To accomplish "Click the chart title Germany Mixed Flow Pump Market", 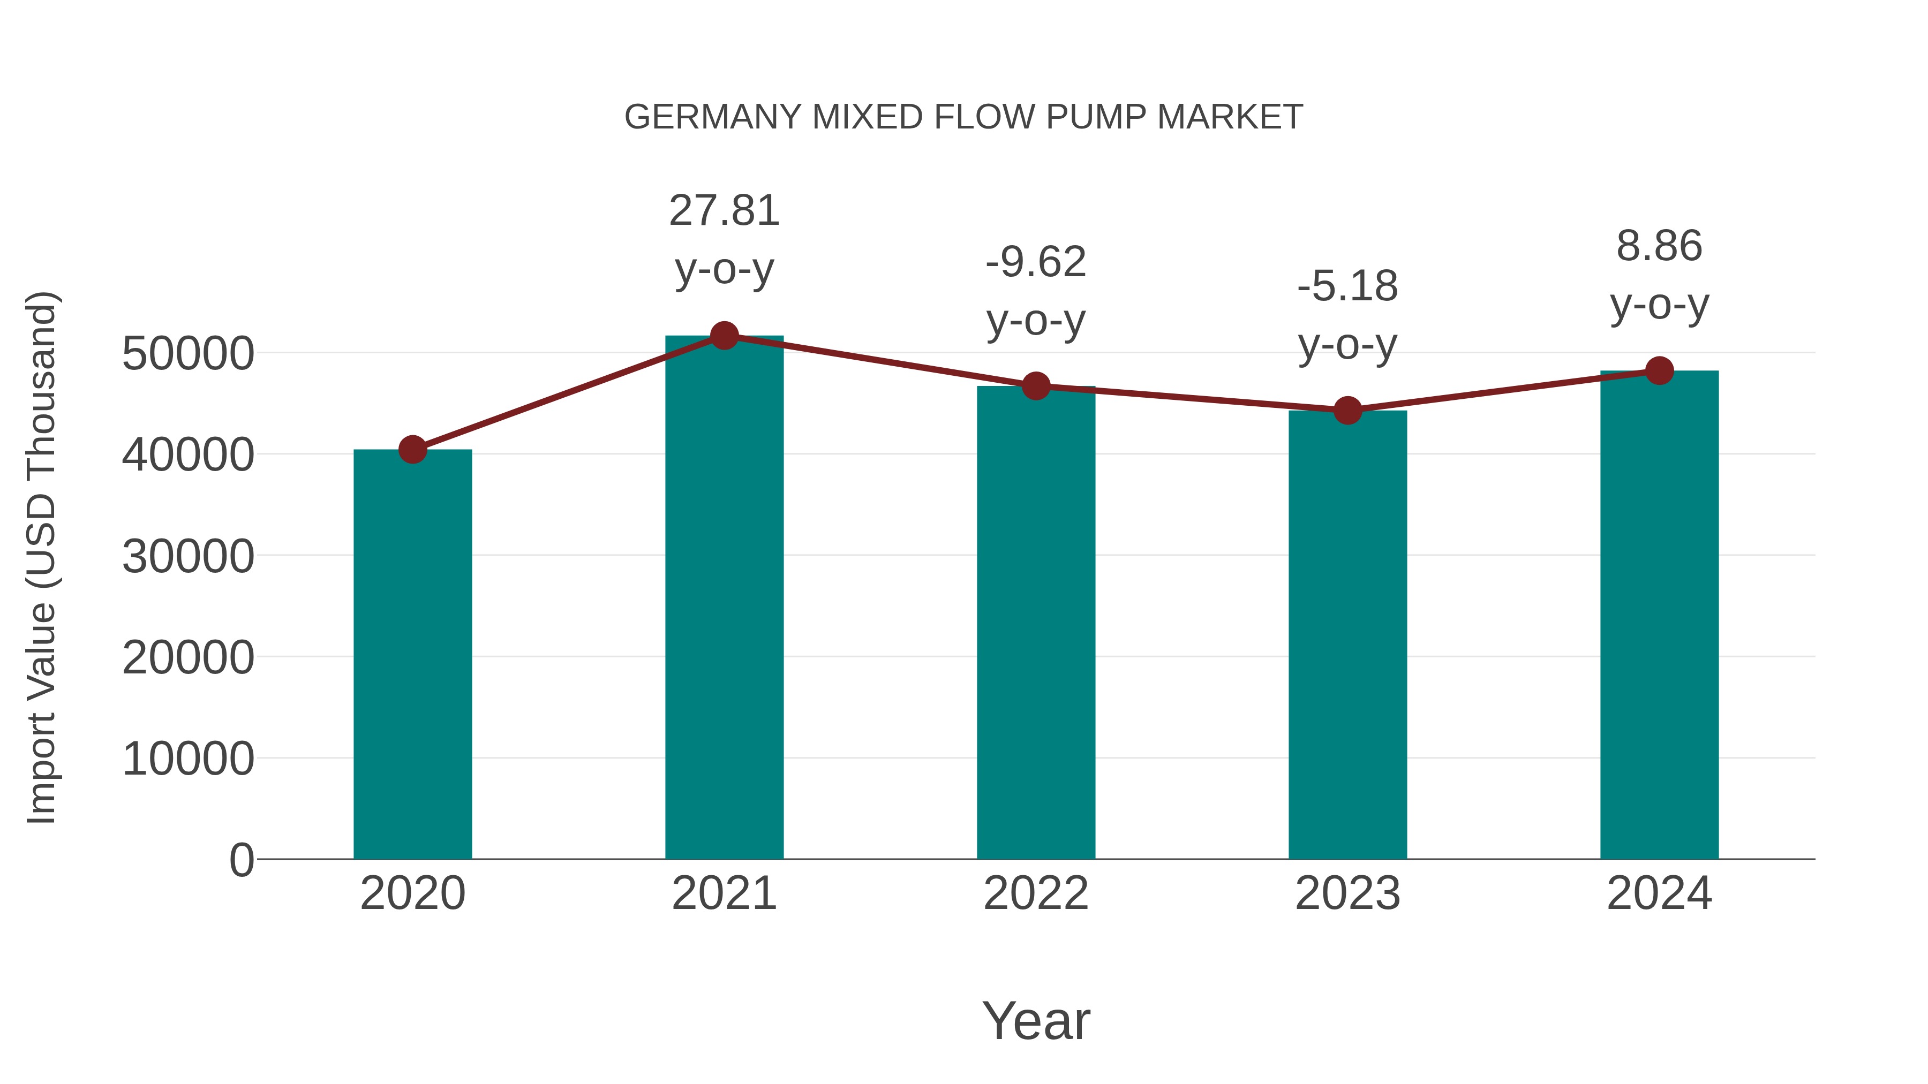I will [x=963, y=117].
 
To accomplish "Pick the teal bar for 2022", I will [x=1036, y=623].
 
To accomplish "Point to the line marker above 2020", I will [x=412, y=450].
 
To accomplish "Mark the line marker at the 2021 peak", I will [x=724, y=336].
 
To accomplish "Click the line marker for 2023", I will [x=1347, y=410].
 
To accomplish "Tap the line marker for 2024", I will [x=1659, y=370].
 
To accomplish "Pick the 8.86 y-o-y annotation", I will [x=1659, y=275].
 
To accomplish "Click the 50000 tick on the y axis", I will [x=188, y=354].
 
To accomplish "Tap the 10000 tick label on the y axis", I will [x=188, y=759].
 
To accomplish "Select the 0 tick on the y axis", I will [x=242, y=860].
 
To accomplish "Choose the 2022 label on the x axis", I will [x=1036, y=893].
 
